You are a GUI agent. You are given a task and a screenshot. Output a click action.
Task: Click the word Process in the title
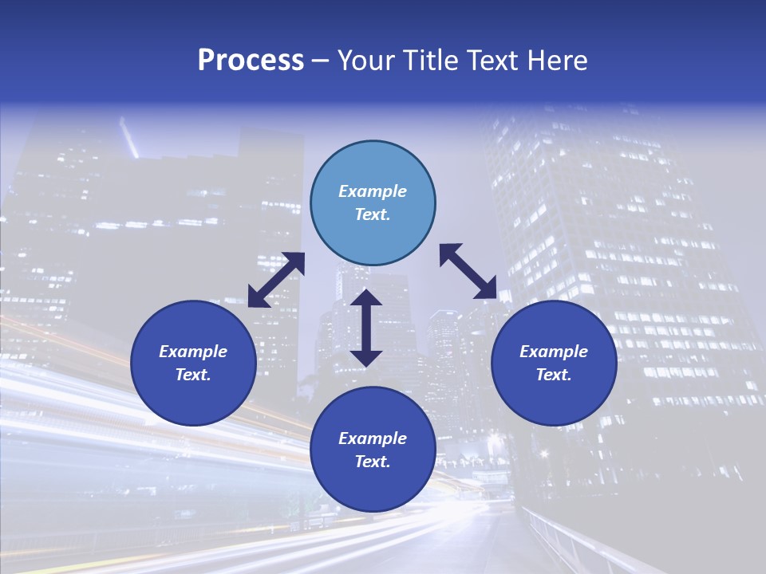(251, 61)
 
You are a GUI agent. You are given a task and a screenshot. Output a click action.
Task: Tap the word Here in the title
(557, 61)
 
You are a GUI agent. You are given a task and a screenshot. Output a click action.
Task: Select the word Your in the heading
(367, 61)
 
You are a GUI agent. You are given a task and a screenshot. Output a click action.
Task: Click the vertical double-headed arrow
(366, 328)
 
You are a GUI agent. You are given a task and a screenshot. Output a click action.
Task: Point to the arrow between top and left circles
(276, 280)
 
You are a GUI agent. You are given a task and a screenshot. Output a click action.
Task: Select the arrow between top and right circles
(468, 272)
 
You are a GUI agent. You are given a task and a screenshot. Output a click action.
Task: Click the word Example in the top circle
(373, 191)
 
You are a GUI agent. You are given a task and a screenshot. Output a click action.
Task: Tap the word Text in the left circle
(193, 375)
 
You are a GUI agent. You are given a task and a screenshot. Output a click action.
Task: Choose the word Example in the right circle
(554, 352)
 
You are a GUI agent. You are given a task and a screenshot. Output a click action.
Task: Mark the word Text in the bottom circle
(373, 462)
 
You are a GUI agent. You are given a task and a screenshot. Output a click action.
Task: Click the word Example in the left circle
(193, 352)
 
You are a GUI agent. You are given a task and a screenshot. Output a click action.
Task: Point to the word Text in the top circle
(373, 214)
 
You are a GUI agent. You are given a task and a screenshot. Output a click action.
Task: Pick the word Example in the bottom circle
(373, 438)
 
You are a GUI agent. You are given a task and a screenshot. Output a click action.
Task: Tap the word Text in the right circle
(554, 375)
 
